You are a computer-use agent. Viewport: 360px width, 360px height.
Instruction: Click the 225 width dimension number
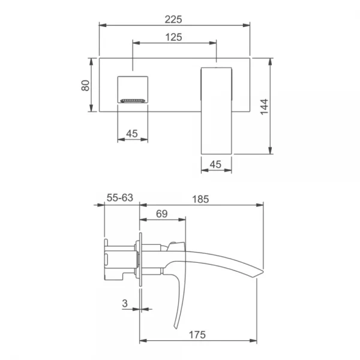pos(173,20)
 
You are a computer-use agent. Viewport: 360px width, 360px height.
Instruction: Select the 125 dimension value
pos(174,37)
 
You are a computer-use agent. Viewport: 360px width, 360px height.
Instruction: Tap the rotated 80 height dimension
pos(85,85)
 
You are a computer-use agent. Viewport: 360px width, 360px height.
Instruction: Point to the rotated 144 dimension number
pos(264,107)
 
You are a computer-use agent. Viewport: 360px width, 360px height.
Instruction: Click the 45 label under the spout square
pos(132,133)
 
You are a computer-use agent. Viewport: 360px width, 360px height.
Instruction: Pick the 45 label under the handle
pos(215,164)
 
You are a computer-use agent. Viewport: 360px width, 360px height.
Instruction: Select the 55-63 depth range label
pos(120,197)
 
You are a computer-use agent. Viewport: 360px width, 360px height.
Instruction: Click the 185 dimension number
pos(200,199)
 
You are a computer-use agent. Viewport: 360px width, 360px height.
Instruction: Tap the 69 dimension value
pos(162,214)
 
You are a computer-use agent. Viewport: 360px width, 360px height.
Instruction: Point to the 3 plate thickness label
pos(125,304)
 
